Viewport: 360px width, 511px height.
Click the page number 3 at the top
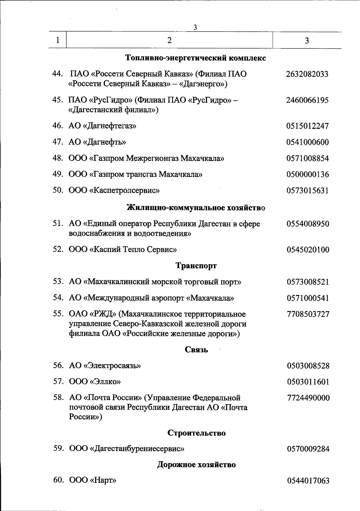point(195,28)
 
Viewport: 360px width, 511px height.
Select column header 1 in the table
point(58,40)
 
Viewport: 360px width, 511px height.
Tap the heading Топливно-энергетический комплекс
point(195,58)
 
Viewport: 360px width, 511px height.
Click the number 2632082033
point(307,74)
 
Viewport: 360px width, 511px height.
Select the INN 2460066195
point(307,100)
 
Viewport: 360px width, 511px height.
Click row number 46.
point(57,126)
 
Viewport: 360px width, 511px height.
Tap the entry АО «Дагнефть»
point(97,142)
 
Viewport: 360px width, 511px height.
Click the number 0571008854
point(307,158)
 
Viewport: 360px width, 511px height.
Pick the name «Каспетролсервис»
point(124,191)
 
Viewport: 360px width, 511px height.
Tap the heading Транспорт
point(196,266)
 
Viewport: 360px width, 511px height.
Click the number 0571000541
point(308,298)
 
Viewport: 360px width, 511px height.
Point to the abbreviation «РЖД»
point(103,314)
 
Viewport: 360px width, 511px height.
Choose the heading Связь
point(196,350)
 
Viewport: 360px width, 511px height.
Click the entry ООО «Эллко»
point(95,382)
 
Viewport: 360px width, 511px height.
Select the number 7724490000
point(308,398)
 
